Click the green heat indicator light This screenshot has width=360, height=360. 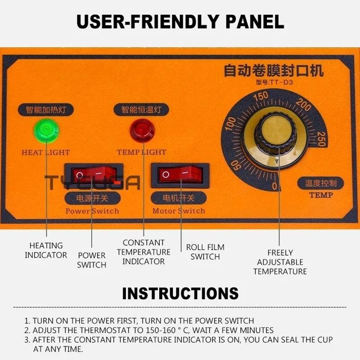[46, 130]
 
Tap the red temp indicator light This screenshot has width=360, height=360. [142, 130]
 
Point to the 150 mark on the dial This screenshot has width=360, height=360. [261, 96]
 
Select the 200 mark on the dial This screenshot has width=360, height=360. [303, 104]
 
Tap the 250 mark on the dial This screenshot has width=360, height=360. [321, 139]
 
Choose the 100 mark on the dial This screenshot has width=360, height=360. [230, 123]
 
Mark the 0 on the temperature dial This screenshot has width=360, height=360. [274, 186]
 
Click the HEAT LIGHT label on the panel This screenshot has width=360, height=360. [46, 153]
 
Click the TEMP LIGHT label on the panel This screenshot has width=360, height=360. [141, 152]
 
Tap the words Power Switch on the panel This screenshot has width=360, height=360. [92, 211]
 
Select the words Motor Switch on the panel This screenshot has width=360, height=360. [179, 211]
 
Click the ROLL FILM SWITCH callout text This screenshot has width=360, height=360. [205, 252]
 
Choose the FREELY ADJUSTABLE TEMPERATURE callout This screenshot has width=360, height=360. [280, 262]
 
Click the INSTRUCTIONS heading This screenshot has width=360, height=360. [180, 293]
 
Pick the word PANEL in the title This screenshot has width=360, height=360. [255, 21]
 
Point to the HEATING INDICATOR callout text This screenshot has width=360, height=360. [46, 250]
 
